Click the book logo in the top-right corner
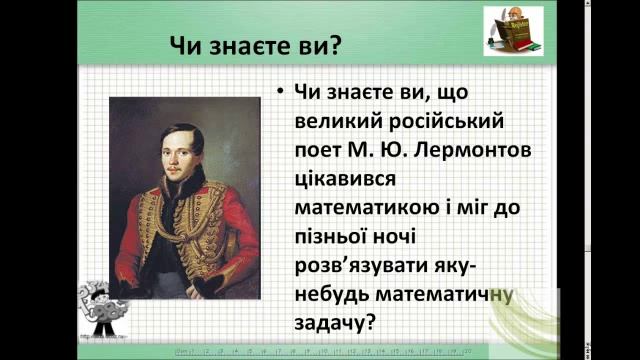(513, 31)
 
